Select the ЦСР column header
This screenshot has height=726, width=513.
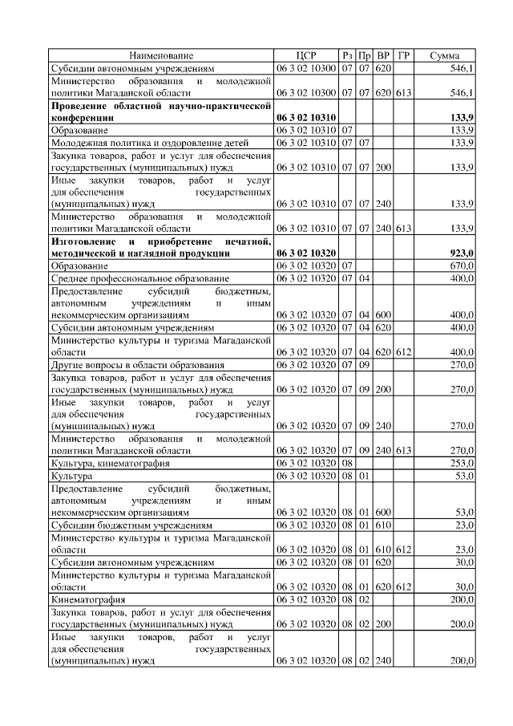point(306,55)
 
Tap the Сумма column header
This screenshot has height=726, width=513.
point(444,55)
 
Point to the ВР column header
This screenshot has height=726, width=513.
point(383,55)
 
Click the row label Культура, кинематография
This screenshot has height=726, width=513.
point(110,464)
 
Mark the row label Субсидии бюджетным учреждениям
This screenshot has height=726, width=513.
point(131,525)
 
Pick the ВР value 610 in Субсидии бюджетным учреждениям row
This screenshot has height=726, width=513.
point(383,525)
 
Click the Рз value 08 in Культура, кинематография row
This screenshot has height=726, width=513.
point(347,464)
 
